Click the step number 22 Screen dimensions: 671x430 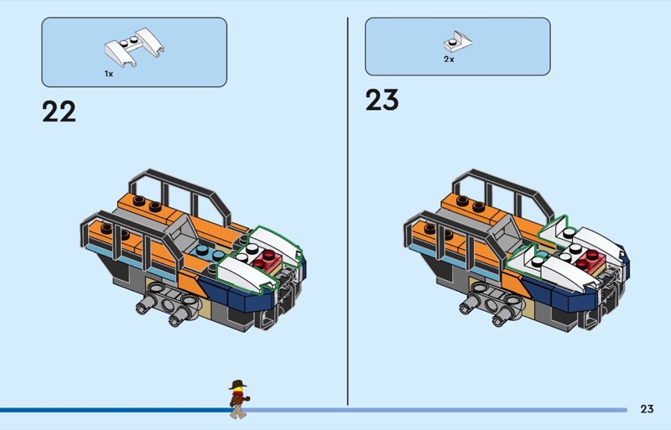click(x=59, y=111)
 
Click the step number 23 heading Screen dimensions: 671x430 click(x=382, y=100)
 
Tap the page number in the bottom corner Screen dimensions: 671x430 click(x=647, y=409)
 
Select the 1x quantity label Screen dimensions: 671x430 click(x=109, y=74)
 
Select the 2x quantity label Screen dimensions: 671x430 click(x=449, y=60)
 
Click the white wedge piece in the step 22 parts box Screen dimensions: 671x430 click(x=133, y=47)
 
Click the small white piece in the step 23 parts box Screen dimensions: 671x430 click(x=457, y=42)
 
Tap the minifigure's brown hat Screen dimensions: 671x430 click(x=237, y=384)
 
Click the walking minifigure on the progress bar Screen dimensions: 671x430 click(x=238, y=399)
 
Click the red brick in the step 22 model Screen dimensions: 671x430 click(x=268, y=259)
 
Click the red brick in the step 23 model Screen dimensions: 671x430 click(x=591, y=259)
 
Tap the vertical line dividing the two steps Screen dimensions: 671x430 click(x=347, y=211)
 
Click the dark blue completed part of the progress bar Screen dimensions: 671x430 click(x=115, y=410)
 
